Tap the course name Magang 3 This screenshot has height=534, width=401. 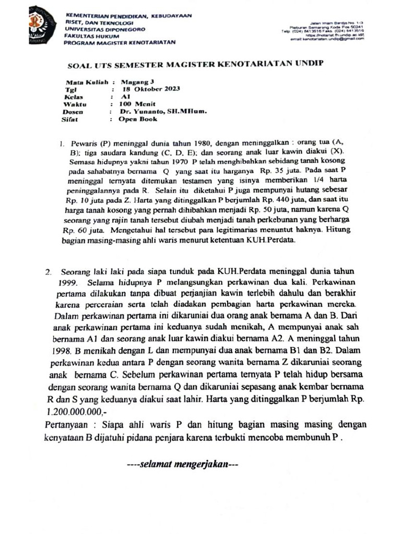pyautogui.click(x=137, y=82)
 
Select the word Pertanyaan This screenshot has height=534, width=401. pyautogui.click(x=67, y=423)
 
